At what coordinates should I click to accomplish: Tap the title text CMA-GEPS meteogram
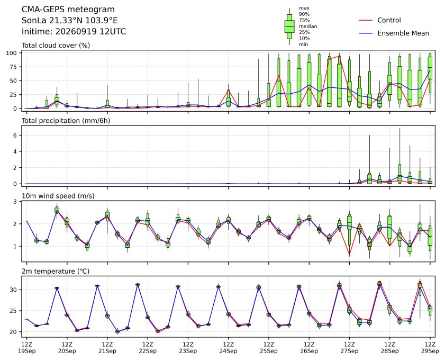click(x=68, y=10)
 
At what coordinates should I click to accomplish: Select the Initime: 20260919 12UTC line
click(x=74, y=31)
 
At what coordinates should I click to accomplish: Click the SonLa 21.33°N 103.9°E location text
click(x=70, y=21)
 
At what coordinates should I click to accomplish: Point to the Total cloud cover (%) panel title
click(x=56, y=46)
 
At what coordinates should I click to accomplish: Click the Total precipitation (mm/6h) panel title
click(x=66, y=121)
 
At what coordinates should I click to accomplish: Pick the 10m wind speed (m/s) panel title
click(x=58, y=196)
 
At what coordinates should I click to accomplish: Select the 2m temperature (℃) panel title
click(x=56, y=272)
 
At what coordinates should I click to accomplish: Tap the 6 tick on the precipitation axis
click(x=15, y=136)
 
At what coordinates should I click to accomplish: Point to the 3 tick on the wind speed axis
click(x=15, y=202)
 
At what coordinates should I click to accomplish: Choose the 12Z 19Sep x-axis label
click(x=26, y=348)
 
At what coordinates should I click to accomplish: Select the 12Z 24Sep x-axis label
click(x=228, y=348)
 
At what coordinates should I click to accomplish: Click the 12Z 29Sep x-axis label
click(x=430, y=348)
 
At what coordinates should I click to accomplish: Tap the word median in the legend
click(x=308, y=26)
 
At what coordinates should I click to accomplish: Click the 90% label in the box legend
click(x=304, y=14)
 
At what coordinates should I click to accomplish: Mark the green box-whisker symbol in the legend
click(x=289, y=26)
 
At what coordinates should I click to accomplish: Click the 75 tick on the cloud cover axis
click(x=13, y=67)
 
